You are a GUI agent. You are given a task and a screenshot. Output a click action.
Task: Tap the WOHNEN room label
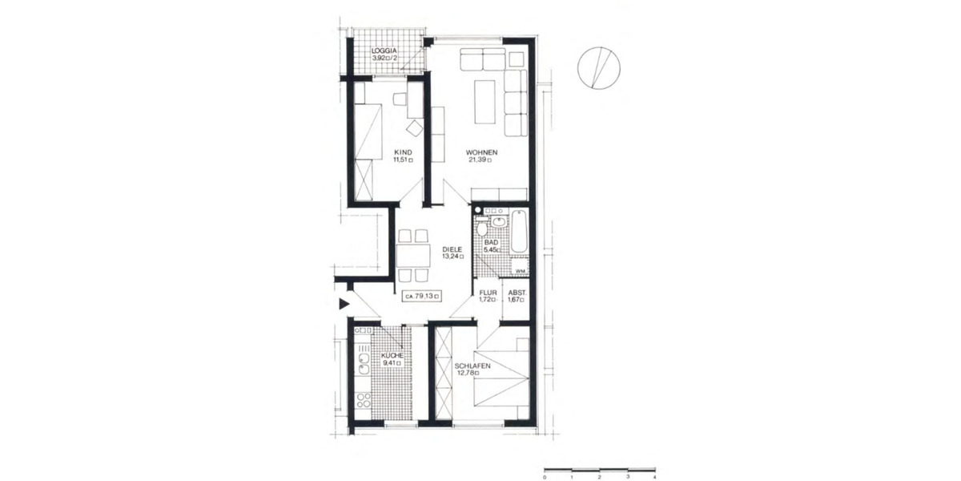(482, 152)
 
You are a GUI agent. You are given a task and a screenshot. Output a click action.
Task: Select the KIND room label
(403, 152)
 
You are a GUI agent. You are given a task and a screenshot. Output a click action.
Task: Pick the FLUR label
(489, 293)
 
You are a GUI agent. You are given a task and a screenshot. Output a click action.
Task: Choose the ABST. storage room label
(517, 293)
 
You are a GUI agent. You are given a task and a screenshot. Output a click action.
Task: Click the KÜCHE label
(392, 354)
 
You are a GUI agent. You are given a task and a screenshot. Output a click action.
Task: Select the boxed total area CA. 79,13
(423, 296)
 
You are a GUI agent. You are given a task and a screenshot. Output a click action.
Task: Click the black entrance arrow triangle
(344, 303)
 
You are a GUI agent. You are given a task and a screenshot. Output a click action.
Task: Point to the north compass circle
(599, 67)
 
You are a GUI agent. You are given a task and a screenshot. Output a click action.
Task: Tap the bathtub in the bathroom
(519, 232)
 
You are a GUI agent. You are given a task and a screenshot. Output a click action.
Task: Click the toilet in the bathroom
(482, 228)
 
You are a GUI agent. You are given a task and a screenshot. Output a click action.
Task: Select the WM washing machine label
(520, 271)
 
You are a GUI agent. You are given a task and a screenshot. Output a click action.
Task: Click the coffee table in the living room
(485, 102)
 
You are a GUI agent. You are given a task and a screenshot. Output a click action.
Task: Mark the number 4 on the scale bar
(655, 477)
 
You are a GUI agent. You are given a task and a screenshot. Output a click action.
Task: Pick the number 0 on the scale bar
(545, 477)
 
